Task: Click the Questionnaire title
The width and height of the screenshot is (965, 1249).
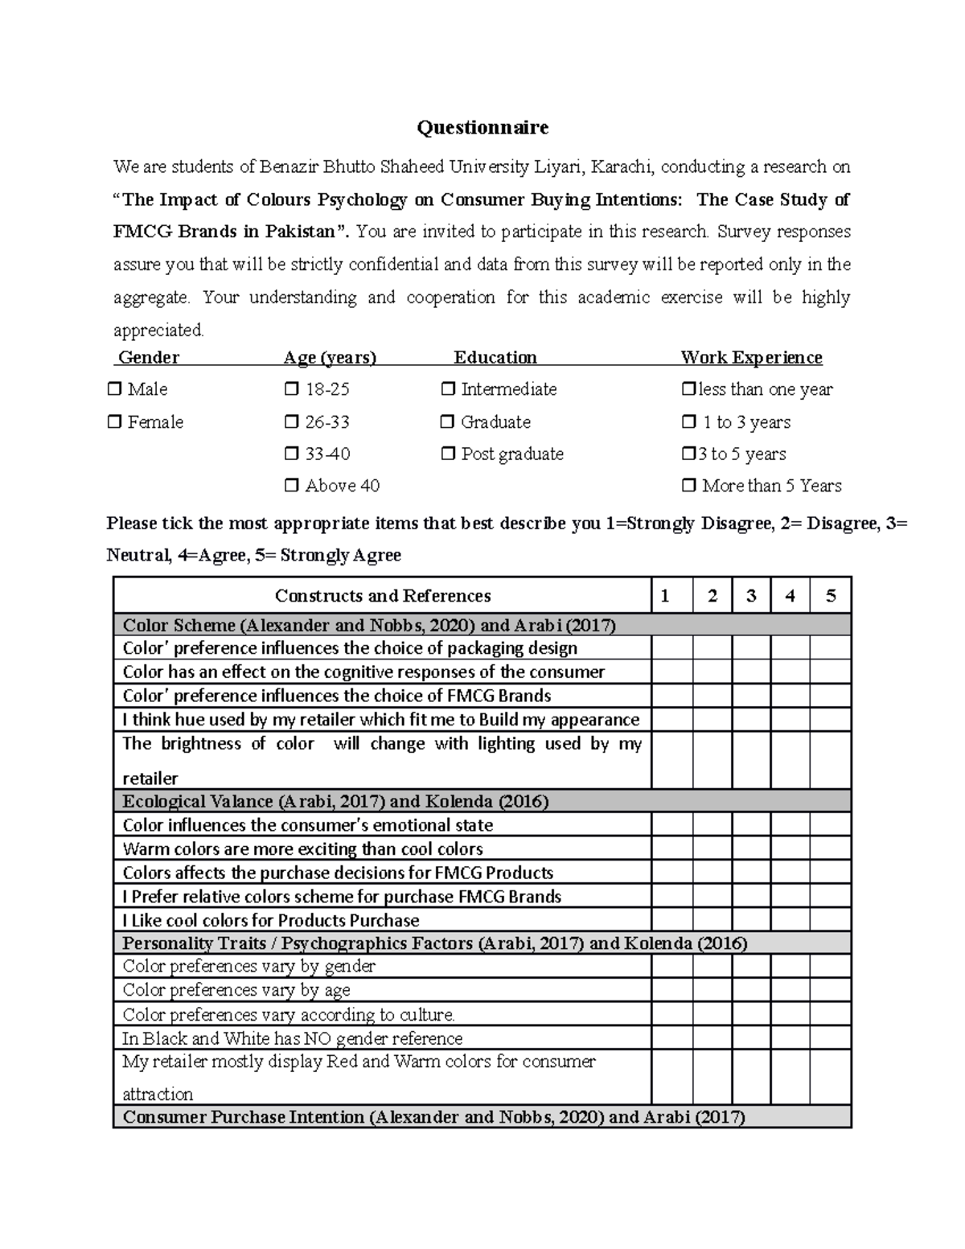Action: click(482, 127)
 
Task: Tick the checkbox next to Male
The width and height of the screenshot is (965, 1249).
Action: click(115, 389)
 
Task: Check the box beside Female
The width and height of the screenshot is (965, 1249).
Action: click(115, 422)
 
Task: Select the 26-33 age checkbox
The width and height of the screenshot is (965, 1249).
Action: click(292, 422)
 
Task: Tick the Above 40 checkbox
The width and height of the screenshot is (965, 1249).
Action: click(292, 486)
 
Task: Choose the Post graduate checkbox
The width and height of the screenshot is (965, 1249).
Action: click(448, 454)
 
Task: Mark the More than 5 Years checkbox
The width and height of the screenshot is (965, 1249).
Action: click(689, 486)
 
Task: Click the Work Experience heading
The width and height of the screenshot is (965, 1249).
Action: click(751, 357)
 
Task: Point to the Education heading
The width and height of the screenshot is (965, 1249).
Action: click(495, 357)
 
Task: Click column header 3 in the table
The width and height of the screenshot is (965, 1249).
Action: click(751, 596)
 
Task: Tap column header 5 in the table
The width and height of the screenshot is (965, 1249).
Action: click(831, 596)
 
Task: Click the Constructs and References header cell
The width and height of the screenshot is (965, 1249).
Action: click(383, 596)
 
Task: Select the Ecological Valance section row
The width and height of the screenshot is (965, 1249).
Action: click(482, 801)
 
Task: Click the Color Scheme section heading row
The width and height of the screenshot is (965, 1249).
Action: click(482, 625)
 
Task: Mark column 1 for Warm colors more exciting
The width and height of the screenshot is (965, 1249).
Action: click(672, 848)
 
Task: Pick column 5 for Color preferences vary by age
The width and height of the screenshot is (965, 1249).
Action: click(831, 990)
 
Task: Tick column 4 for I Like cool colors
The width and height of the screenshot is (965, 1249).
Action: click(790, 920)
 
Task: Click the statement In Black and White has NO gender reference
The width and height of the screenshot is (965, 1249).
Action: click(293, 1038)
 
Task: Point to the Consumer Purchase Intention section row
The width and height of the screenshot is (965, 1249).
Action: click(482, 1117)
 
